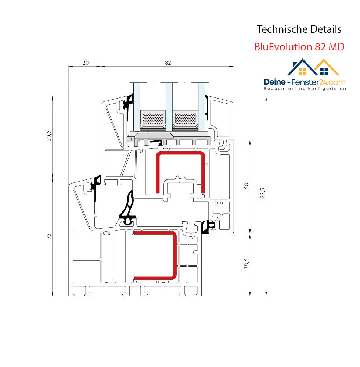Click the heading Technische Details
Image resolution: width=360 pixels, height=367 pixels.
[x=299, y=29]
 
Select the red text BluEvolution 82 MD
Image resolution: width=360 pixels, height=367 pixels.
[x=299, y=47]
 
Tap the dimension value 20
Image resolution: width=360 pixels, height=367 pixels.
[x=85, y=63]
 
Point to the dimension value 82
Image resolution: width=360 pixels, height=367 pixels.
[x=168, y=63]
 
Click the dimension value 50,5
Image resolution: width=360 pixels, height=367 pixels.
[x=48, y=136]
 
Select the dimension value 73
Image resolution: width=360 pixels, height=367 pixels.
[x=48, y=236]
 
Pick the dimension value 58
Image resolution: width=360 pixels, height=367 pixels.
[x=246, y=186]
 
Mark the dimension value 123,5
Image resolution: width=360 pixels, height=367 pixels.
[x=263, y=194]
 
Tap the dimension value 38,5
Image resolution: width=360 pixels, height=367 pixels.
[x=246, y=264]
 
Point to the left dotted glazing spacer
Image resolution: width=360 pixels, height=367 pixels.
[x=153, y=118]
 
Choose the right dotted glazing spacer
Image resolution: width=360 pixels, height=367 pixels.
[x=185, y=118]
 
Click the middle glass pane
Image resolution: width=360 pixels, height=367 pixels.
[x=169, y=107]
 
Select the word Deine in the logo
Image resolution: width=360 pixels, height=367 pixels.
[x=275, y=82]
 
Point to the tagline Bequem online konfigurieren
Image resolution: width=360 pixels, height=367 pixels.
[x=305, y=89]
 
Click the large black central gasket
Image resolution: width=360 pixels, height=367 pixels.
[x=128, y=208]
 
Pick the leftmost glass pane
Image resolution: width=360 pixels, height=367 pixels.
[x=137, y=107]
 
